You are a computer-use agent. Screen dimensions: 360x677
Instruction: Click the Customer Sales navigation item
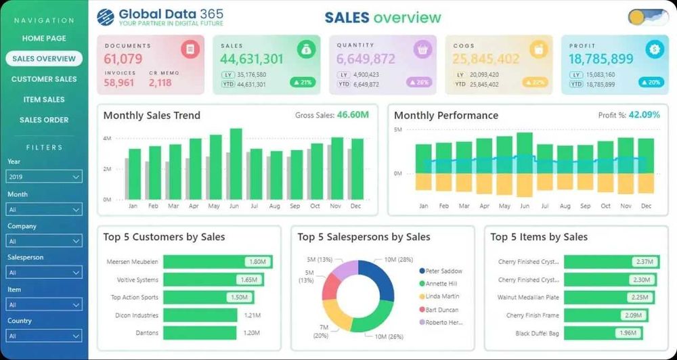pos(44,79)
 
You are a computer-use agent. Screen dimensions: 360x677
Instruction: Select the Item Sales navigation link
pos(44,99)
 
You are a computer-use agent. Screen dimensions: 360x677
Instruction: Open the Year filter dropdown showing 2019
pos(44,177)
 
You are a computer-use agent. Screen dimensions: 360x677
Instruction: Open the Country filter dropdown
pos(44,336)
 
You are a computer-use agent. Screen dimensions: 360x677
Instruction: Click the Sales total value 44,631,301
pos(252,59)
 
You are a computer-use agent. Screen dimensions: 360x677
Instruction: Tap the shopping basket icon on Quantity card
pos(422,49)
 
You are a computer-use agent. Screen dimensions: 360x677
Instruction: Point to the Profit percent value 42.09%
pos(644,115)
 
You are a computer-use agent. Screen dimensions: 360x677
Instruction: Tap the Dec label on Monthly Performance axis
pos(646,206)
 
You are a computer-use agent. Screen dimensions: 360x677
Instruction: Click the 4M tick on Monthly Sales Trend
pos(107,138)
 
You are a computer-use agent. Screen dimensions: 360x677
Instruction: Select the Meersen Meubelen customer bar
pos(217,262)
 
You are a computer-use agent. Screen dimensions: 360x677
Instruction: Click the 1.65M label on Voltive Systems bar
pos(247,279)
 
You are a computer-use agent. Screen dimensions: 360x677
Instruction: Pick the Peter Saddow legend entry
pos(443,271)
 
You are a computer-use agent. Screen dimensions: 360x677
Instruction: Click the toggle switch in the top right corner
pos(647,18)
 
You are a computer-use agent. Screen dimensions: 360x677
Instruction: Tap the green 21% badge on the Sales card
pos(304,83)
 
